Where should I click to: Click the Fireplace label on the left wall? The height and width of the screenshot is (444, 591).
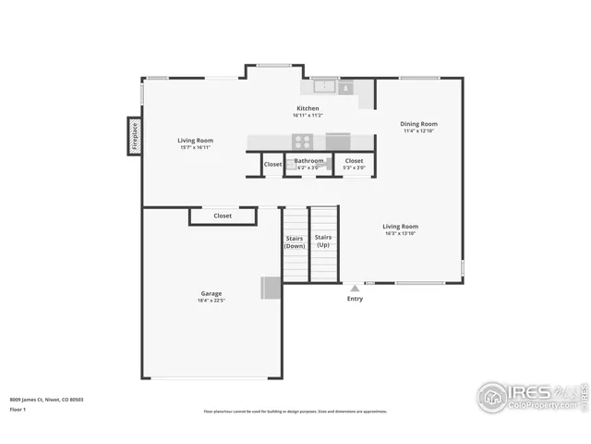[x=134, y=135]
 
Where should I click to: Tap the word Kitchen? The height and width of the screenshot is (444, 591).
[x=307, y=108]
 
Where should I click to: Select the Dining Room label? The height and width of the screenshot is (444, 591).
[x=418, y=123]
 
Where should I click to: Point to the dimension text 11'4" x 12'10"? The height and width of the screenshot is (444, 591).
[x=418, y=131]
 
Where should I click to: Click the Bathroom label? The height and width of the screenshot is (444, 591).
[x=308, y=161]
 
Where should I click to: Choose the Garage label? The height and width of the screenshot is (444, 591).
[x=211, y=292]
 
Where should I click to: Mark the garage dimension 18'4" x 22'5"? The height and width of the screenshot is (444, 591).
[x=211, y=301]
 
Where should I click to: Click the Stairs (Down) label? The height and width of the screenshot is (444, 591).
[x=295, y=241]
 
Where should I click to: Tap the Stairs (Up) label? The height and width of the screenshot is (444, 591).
[x=322, y=241]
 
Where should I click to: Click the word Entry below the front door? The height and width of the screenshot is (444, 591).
[x=355, y=299]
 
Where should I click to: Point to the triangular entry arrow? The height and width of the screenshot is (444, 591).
[x=355, y=287]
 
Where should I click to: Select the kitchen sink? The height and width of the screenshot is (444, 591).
[x=324, y=87]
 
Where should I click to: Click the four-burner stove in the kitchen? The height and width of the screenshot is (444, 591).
[x=303, y=141]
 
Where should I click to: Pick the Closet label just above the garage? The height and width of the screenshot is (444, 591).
[x=223, y=216]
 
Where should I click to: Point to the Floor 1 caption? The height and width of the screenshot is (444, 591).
[x=18, y=408]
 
